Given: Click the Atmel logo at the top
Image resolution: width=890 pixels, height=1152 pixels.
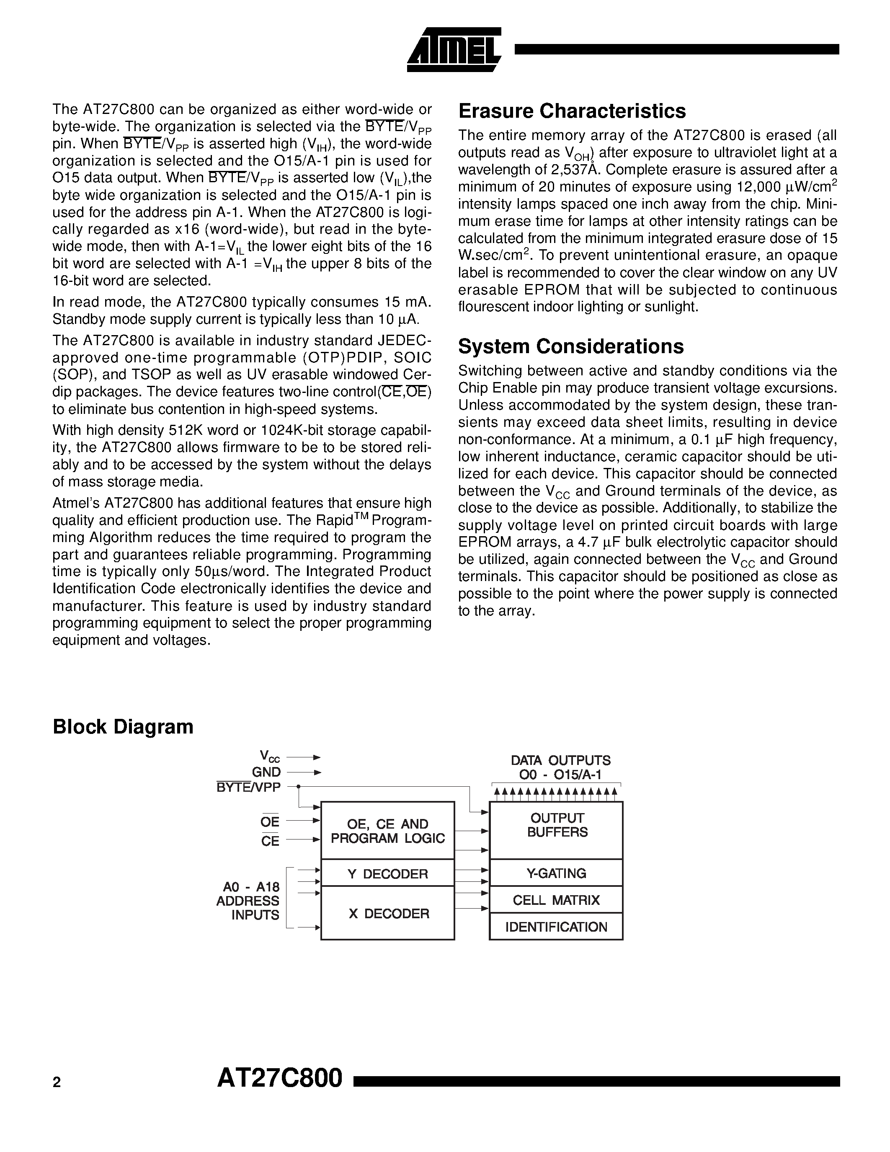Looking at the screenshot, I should pos(454,49).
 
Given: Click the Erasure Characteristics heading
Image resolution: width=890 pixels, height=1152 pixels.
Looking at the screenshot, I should pos(572,111).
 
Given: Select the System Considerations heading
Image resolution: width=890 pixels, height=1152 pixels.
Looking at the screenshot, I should pos(570,346).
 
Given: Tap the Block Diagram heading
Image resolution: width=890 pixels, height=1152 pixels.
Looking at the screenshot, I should pos(123,727).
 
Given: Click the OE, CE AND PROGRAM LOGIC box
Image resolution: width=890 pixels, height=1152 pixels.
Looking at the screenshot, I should pos(387,831).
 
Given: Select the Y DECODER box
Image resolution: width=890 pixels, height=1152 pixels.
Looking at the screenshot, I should pos(387,874).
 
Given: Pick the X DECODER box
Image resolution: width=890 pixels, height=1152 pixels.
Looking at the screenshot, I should pos(387,914).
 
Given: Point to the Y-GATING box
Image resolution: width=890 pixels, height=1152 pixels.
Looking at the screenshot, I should pos(556,873).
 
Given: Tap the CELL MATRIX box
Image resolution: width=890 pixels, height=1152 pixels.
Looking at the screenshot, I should pos(556,900).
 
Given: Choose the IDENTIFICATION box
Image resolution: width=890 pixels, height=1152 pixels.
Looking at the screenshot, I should pos(556,927).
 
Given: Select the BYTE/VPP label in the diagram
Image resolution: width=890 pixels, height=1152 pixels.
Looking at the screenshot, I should pos(248,787).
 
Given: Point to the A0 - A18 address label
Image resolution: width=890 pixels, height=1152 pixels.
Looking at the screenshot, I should pos(248,887).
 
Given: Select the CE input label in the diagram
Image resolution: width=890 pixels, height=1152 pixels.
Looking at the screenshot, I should pos(270,841).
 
